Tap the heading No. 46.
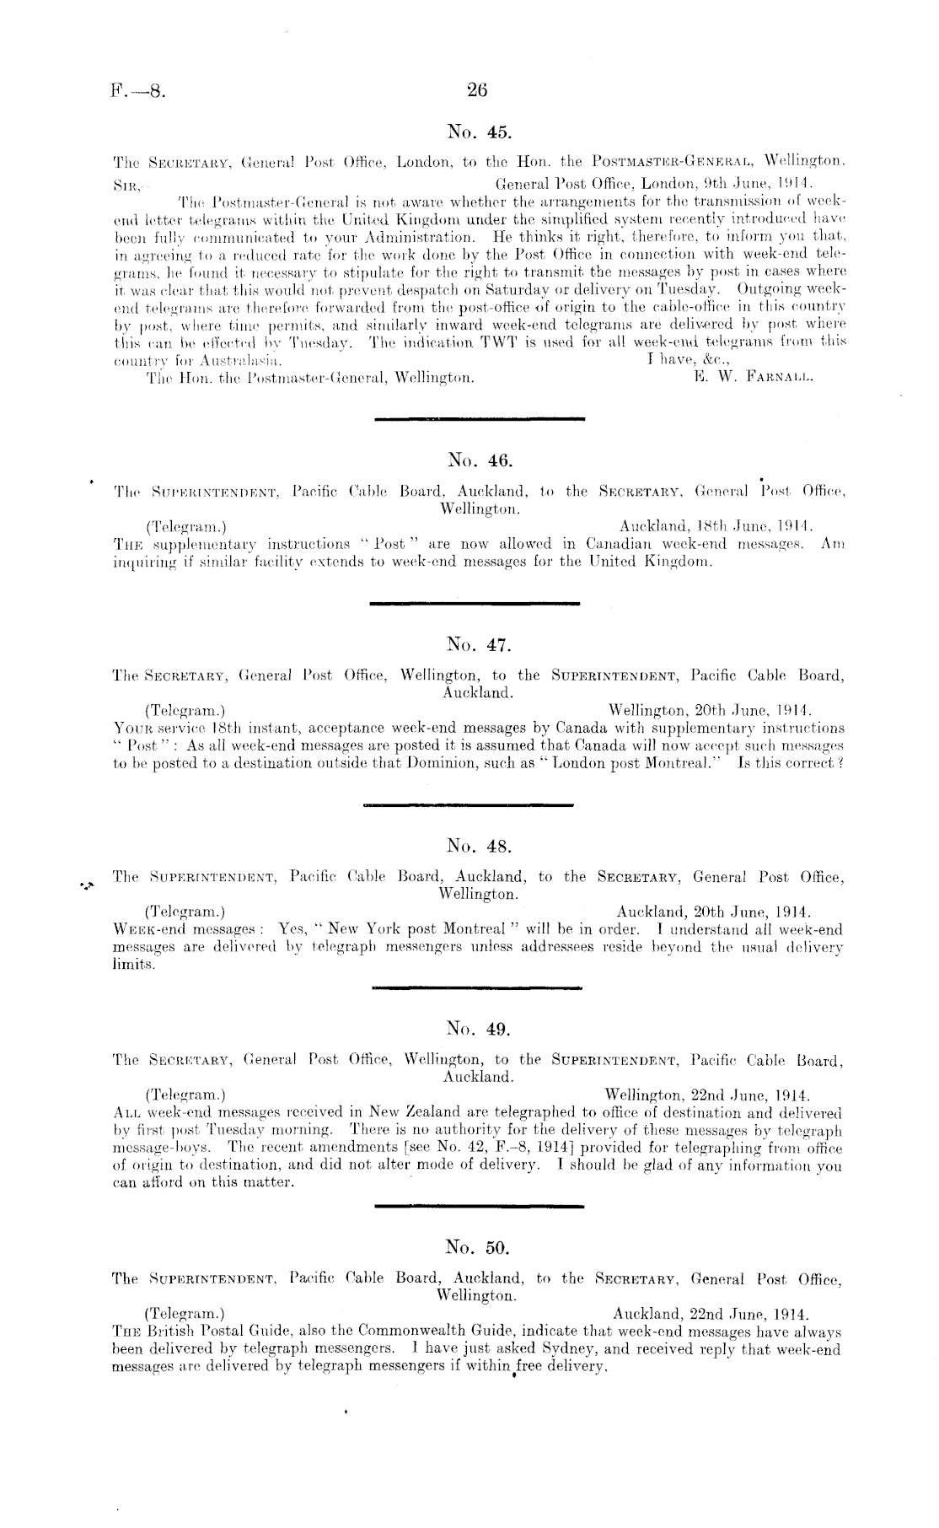tap(477, 460)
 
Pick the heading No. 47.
tap(477, 647)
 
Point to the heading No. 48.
tap(477, 846)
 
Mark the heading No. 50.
tap(477, 1246)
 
